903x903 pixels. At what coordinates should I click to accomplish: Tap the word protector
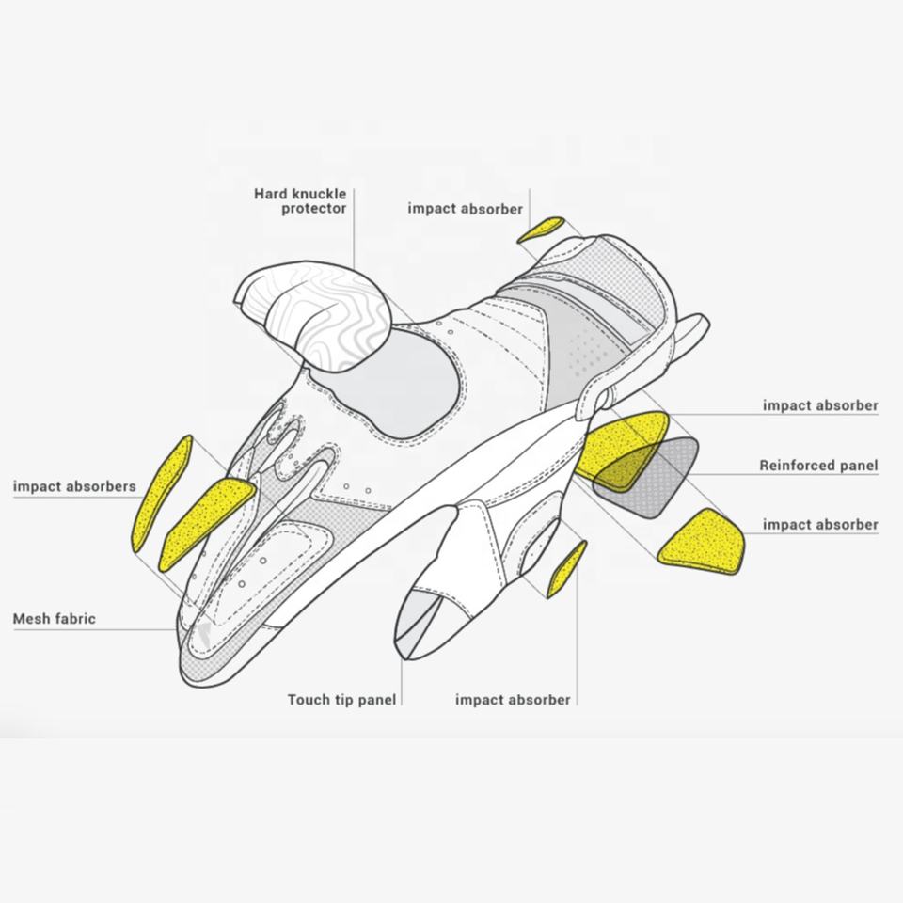tap(314, 209)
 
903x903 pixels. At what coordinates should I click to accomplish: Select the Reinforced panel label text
tap(818, 466)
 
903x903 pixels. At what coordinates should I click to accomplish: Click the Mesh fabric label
tap(54, 619)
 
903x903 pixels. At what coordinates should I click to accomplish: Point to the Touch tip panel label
tap(341, 700)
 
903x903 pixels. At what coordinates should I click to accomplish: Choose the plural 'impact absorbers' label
tap(74, 487)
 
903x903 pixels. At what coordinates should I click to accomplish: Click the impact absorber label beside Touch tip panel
tap(513, 700)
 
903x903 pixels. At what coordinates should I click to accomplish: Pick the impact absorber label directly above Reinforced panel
tap(820, 406)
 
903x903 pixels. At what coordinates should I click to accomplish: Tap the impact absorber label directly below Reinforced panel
tap(820, 524)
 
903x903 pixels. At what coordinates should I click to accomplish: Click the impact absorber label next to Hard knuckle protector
tap(465, 209)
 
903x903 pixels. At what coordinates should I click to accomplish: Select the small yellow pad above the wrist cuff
tap(542, 228)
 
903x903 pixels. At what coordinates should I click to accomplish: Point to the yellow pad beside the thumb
tap(567, 568)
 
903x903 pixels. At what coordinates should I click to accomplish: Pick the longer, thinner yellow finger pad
tap(163, 492)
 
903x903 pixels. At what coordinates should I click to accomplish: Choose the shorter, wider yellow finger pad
tap(209, 517)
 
